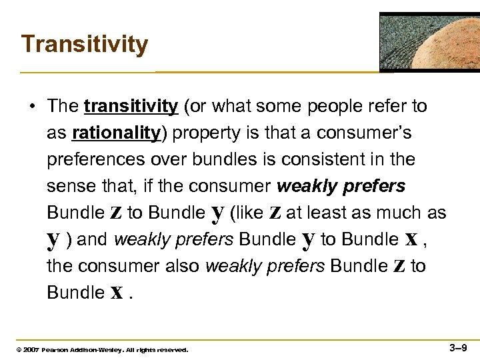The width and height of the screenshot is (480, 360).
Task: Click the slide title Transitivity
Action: point(85,45)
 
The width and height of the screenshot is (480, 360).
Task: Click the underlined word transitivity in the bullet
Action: point(131,106)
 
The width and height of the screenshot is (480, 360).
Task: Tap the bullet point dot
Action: point(33,107)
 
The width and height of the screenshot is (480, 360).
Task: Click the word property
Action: point(203,133)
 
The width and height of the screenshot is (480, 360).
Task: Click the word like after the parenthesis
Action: point(247,213)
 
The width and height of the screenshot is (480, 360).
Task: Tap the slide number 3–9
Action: point(459,347)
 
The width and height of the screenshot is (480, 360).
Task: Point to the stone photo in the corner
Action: point(429,41)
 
